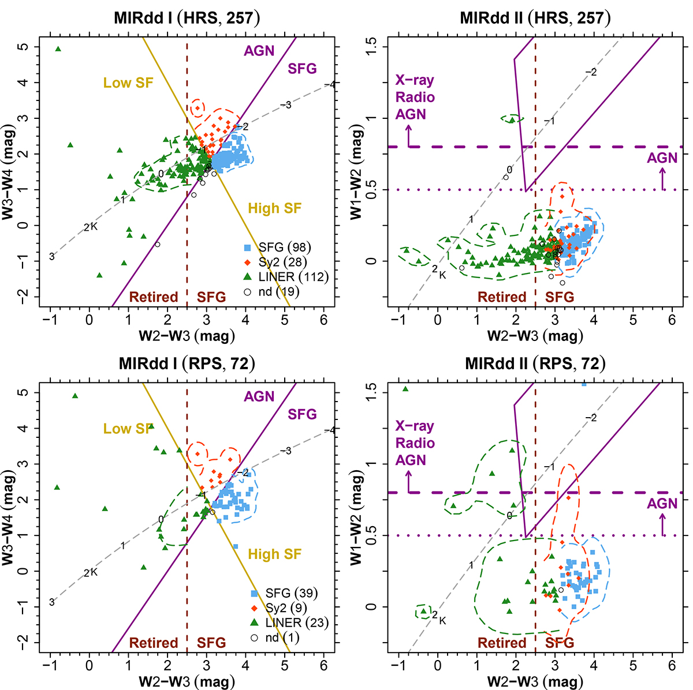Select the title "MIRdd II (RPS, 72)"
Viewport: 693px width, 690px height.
535,363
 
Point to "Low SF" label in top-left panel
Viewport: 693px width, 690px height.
128,83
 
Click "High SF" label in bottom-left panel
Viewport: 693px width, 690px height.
275,554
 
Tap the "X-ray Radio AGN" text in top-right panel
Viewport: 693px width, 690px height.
415,97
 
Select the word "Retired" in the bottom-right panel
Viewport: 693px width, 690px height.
502,643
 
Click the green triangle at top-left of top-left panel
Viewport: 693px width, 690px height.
58,49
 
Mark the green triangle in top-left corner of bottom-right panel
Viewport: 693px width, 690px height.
405,389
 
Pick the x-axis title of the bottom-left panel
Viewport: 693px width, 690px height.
187,681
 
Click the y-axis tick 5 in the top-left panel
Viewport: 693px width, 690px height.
24,46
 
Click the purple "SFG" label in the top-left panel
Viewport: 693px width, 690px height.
302,69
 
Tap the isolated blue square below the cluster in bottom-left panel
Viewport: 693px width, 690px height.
235,546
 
